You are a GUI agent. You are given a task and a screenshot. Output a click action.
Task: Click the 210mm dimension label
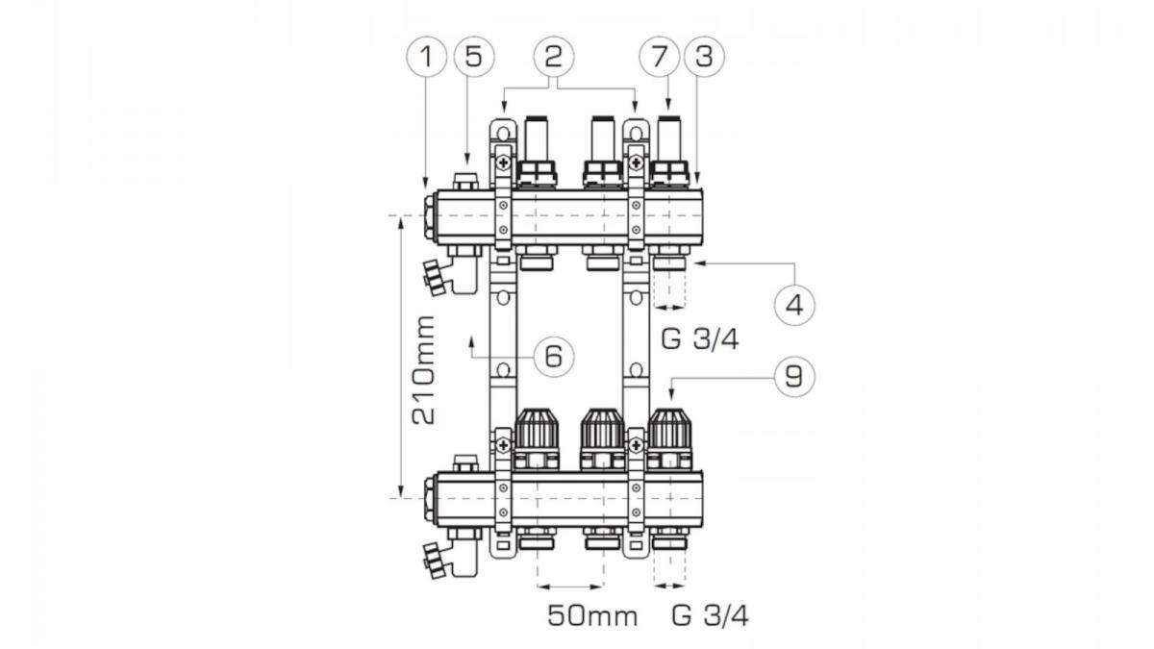point(423,370)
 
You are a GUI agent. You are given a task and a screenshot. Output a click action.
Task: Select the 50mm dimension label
point(592,616)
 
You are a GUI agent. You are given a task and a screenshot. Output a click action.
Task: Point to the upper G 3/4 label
point(700,339)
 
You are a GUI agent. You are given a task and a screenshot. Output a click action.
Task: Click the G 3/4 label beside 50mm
point(710,616)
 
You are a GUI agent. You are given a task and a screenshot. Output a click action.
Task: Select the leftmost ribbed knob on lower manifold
point(537,429)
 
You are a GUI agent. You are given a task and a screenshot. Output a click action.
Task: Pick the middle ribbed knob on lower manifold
point(602,429)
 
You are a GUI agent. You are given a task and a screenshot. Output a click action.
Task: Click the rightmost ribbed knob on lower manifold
point(669,429)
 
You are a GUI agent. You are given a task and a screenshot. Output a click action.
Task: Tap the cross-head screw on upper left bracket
point(503,163)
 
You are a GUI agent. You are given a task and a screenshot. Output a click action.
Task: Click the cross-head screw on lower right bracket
point(637,445)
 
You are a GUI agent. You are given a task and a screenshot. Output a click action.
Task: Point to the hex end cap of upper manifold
point(430,216)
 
